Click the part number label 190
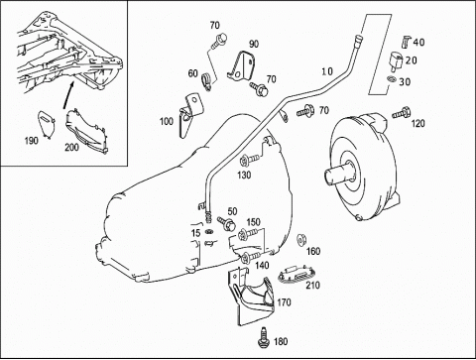coord(32,141)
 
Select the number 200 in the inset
coord(71,147)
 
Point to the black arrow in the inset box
coord(67,95)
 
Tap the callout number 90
coord(254,44)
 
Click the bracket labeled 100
coord(190,114)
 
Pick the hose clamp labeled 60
coord(207,81)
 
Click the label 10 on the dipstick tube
coord(327,71)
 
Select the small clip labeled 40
coord(406,41)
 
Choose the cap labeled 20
coord(396,60)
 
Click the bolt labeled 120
coord(402,113)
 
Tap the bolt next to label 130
coord(249,161)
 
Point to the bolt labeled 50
coord(227,224)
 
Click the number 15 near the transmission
coord(195,233)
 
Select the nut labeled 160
coord(301,240)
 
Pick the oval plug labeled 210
coord(294,275)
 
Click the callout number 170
coord(285,302)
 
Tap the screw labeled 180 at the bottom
coord(264,337)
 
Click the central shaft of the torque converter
coord(338,173)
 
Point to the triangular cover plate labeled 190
coord(46,122)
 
